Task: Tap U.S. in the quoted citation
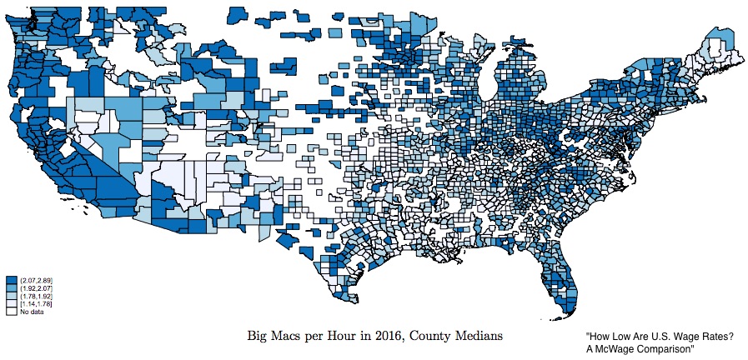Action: point(666,336)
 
